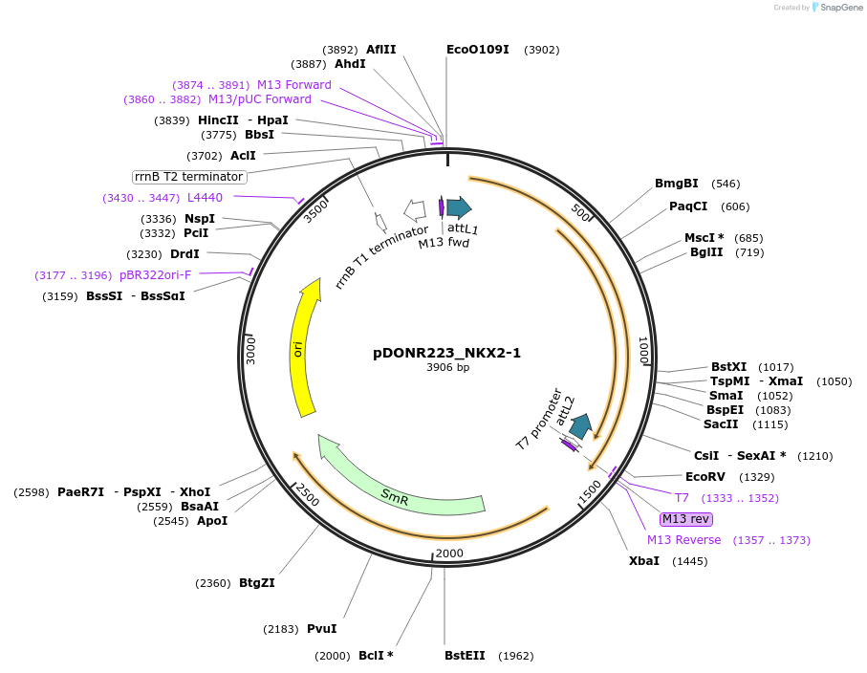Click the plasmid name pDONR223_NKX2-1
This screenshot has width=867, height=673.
tap(446, 353)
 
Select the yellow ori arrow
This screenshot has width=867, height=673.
tap(305, 349)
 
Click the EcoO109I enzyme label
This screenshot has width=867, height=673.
tap(478, 50)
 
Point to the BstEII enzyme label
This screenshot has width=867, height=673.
tap(465, 656)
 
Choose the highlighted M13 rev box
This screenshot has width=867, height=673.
tap(685, 519)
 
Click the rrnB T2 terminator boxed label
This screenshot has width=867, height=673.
tap(189, 177)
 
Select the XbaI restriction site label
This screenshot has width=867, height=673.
tap(643, 561)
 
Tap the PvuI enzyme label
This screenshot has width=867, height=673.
tap(321, 629)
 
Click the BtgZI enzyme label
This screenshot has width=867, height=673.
tap(256, 583)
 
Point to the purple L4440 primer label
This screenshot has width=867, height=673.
tap(205, 198)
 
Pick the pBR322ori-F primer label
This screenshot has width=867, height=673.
tap(155, 275)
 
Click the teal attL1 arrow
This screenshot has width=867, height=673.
tap(459, 207)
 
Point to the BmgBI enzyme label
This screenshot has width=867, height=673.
tap(677, 184)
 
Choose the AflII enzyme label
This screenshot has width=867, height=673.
tap(380, 50)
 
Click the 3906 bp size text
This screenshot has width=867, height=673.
tap(447, 368)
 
